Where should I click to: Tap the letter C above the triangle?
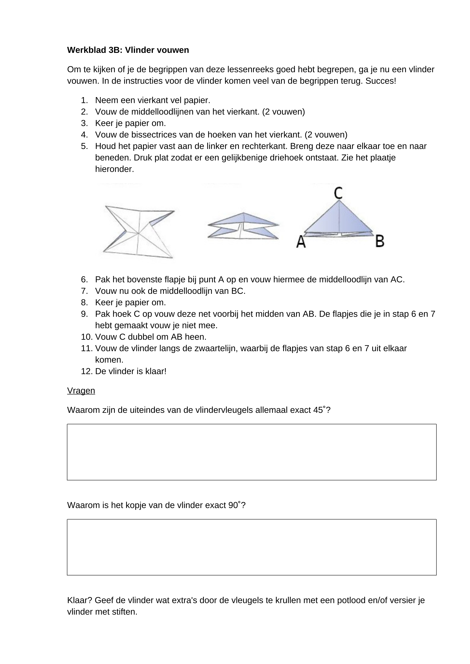coord(338,193)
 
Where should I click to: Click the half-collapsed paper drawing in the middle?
coord(243,226)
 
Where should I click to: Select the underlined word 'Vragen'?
coord(81,391)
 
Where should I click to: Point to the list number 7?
coord(84,291)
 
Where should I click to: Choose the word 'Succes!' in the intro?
coord(381,81)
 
